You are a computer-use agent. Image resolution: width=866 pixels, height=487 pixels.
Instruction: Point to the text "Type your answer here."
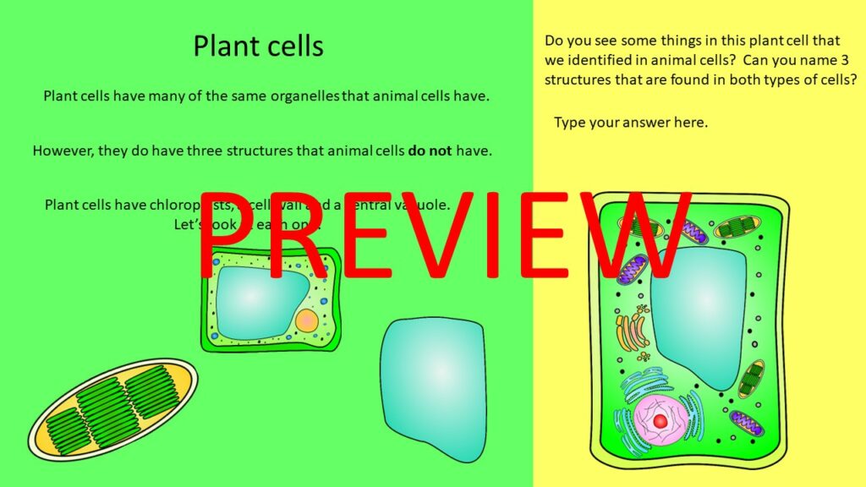[x=631, y=123]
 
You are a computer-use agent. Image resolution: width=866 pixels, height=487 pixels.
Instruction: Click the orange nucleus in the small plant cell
[x=307, y=320]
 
